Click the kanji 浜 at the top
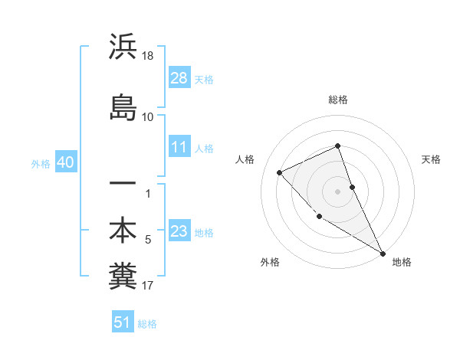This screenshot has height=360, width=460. coord(123,47)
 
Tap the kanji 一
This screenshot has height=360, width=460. coord(123,184)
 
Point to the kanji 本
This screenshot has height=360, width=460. coord(123,230)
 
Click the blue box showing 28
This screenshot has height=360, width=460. coord(179,78)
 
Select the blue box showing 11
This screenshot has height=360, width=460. coord(179,147)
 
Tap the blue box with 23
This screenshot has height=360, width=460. coord(179,232)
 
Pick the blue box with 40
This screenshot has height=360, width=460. coord(65,163)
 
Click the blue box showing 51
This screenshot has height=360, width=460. coord(123,322)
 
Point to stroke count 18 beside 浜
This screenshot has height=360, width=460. coord(149,56)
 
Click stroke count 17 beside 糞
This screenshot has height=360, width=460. coord(148,286)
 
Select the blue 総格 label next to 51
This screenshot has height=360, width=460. coord(147,324)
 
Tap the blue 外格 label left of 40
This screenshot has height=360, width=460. coord(41,164)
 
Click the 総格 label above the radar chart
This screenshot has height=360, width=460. coord(337,100)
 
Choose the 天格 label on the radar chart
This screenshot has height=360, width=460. coord(431,159)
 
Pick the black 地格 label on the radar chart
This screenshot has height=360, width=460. coord(402,262)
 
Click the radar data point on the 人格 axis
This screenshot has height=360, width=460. coord(280,172)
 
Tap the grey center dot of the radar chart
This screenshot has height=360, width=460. coord(337,191)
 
